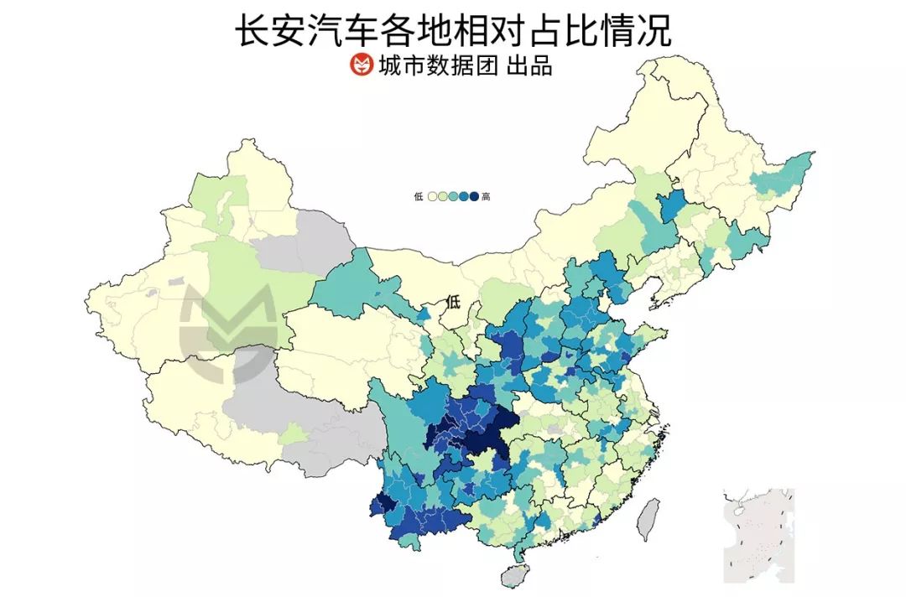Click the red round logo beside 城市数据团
click(361, 65)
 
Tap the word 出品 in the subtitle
click(530, 65)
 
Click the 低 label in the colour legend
click(419, 197)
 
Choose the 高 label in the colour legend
click(487, 197)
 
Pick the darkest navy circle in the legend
click(473, 197)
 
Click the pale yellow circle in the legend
click(431, 197)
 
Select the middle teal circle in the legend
click(452, 197)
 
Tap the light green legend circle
click(442, 197)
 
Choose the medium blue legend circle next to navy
click(463, 197)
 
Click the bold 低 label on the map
click(454, 302)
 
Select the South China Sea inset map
click(758, 535)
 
